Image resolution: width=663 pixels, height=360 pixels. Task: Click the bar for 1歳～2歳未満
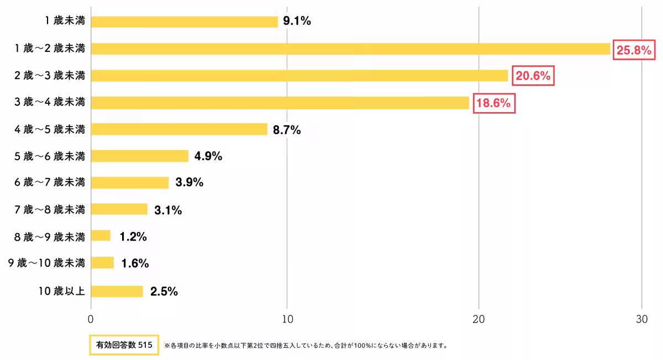click(x=350, y=49)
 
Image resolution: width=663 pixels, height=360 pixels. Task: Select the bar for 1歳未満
click(x=184, y=22)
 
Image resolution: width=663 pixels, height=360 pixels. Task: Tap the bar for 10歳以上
click(x=117, y=292)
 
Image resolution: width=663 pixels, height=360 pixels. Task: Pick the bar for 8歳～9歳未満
click(x=101, y=236)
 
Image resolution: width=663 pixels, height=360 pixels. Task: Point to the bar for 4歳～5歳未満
click(x=179, y=129)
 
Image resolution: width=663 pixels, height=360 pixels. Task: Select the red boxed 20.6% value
click(x=533, y=76)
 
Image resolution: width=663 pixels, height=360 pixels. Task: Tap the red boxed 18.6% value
click(x=493, y=103)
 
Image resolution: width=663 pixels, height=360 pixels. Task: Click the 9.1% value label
click(x=297, y=22)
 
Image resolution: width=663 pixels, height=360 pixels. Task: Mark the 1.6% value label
click(x=135, y=263)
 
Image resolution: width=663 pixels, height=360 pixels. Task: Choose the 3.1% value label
click(x=168, y=210)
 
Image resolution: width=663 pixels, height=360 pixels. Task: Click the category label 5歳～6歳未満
click(x=50, y=156)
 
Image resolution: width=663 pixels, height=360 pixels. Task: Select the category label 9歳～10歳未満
click(x=46, y=263)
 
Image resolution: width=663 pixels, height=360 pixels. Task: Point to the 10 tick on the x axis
click(x=287, y=319)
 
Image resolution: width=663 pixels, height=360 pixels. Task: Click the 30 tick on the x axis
click(x=641, y=319)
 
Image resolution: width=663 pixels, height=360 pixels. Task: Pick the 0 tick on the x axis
click(x=91, y=319)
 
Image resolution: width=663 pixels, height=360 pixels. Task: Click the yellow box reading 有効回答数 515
click(x=124, y=345)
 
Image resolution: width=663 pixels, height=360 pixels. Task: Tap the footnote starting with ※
click(x=306, y=346)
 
